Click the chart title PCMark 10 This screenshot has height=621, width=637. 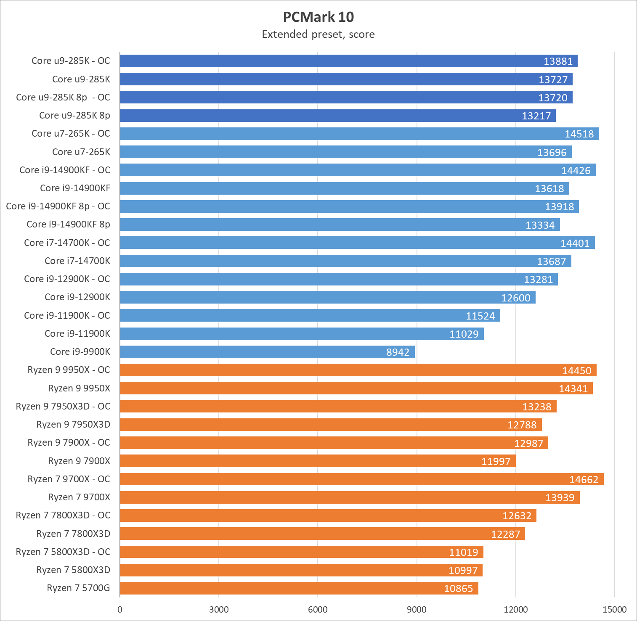318,17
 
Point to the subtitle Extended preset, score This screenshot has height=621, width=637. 318,34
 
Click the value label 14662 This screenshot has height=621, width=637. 584,479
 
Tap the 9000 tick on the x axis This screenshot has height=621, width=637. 417,609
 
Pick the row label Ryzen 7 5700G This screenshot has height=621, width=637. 78,588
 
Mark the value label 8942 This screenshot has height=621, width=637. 398,352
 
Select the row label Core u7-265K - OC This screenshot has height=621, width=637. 71,133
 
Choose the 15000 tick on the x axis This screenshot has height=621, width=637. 615,609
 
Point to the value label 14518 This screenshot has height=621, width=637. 579,134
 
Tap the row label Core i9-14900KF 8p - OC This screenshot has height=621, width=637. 58,206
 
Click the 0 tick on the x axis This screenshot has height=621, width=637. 120,609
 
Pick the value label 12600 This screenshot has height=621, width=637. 515,298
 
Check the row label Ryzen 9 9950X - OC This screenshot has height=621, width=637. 69,370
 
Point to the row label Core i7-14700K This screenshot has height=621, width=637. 77,261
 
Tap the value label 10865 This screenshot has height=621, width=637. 458,588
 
